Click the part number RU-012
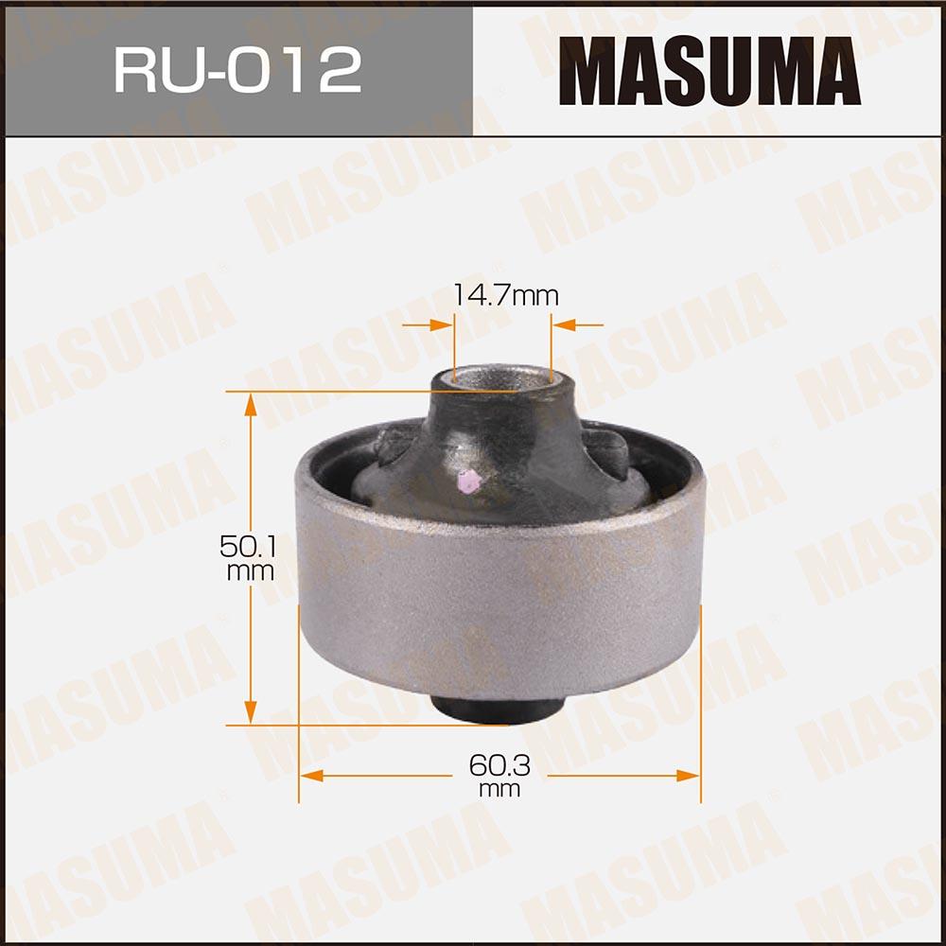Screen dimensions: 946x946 237,70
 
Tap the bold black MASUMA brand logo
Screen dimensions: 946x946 709,71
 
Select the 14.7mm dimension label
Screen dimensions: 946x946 505,295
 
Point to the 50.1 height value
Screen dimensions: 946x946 248,547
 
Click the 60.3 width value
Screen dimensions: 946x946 499,765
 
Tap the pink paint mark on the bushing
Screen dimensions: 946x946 469,481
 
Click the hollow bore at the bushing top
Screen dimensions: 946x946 502,377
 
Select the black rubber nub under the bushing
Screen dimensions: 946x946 499,709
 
